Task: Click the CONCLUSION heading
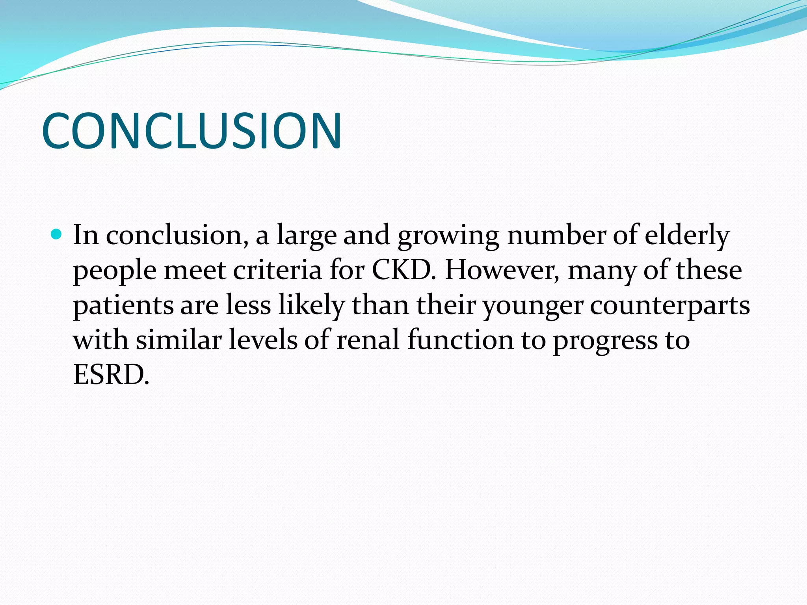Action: (x=192, y=131)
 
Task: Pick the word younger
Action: (x=533, y=306)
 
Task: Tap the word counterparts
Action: (x=669, y=306)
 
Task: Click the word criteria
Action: (x=277, y=270)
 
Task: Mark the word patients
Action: (x=123, y=306)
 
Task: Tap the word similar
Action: (x=179, y=340)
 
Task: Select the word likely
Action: (x=311, y=306)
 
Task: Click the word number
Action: (x=556, y=236)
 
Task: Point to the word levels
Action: (x=263, y=340)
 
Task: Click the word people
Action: (x=115, y=271)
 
